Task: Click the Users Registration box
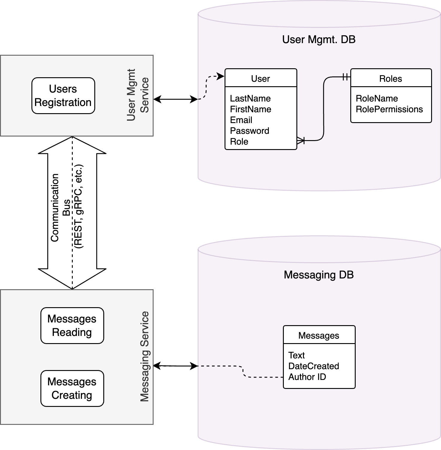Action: (63, 96)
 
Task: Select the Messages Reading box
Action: (72, 325)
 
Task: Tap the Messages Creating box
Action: (72, 388)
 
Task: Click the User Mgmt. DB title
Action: (319, 40)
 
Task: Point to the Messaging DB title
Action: (319, 275)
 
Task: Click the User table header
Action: (260, 78)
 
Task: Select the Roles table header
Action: (391, 78)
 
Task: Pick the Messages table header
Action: (319, 335)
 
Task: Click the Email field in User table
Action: (241, 120)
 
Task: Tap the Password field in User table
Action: (249, 131)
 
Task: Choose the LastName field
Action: (250, 99)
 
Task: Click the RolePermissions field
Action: (389, 109)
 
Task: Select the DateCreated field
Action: (313, 366)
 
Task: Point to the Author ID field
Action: (307, 377)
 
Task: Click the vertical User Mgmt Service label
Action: (138, 95)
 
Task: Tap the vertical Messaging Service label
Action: (145, 356)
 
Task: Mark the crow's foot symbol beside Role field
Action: (301, 140)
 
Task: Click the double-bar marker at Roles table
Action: (345, 77)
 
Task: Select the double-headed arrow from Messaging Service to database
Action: (175, 366)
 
